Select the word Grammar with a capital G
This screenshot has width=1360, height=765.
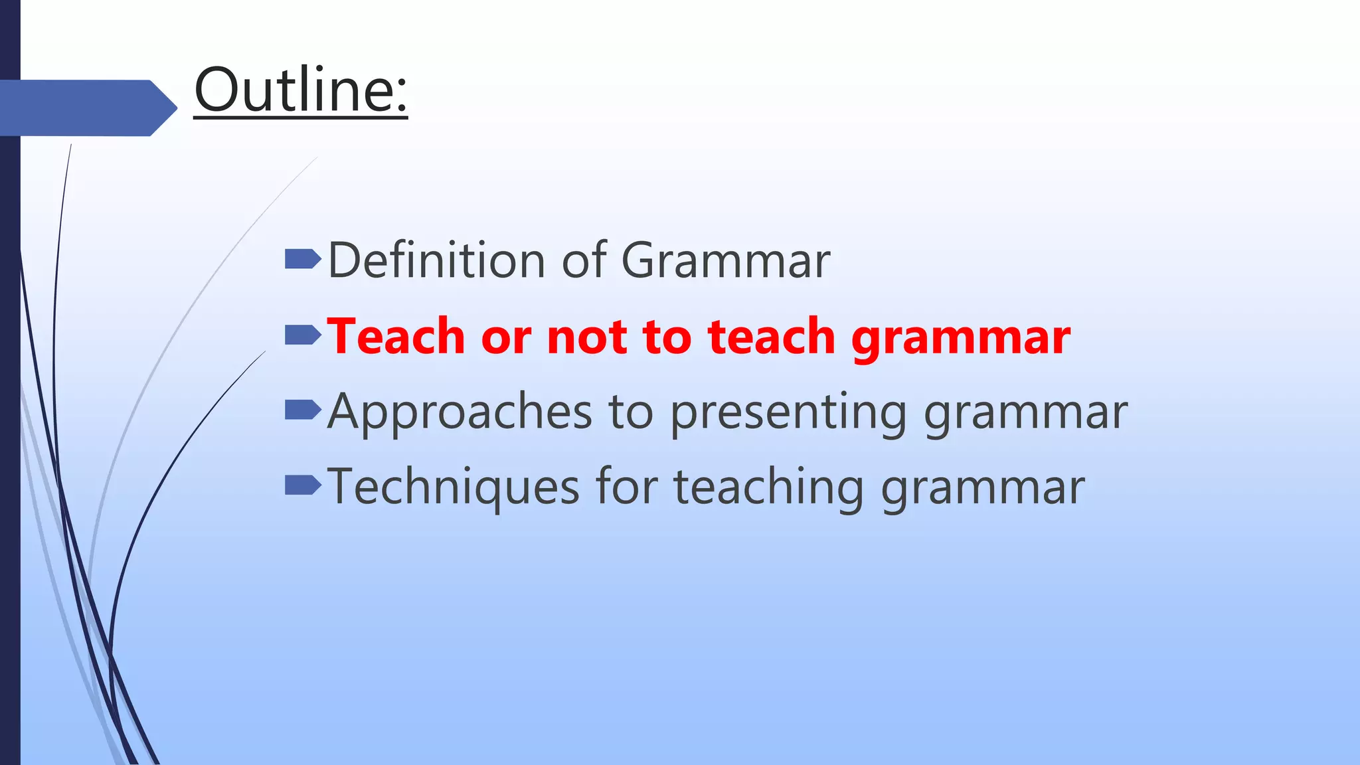coord(725,260)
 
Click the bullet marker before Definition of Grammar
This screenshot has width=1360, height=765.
coord(302,259)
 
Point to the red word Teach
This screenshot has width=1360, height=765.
coord(396,337)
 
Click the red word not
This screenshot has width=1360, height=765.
coord(586,337)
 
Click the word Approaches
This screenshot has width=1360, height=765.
coord(459,412)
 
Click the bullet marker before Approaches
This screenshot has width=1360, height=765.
coord(302,410)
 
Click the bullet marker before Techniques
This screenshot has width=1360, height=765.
coord(302,485)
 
